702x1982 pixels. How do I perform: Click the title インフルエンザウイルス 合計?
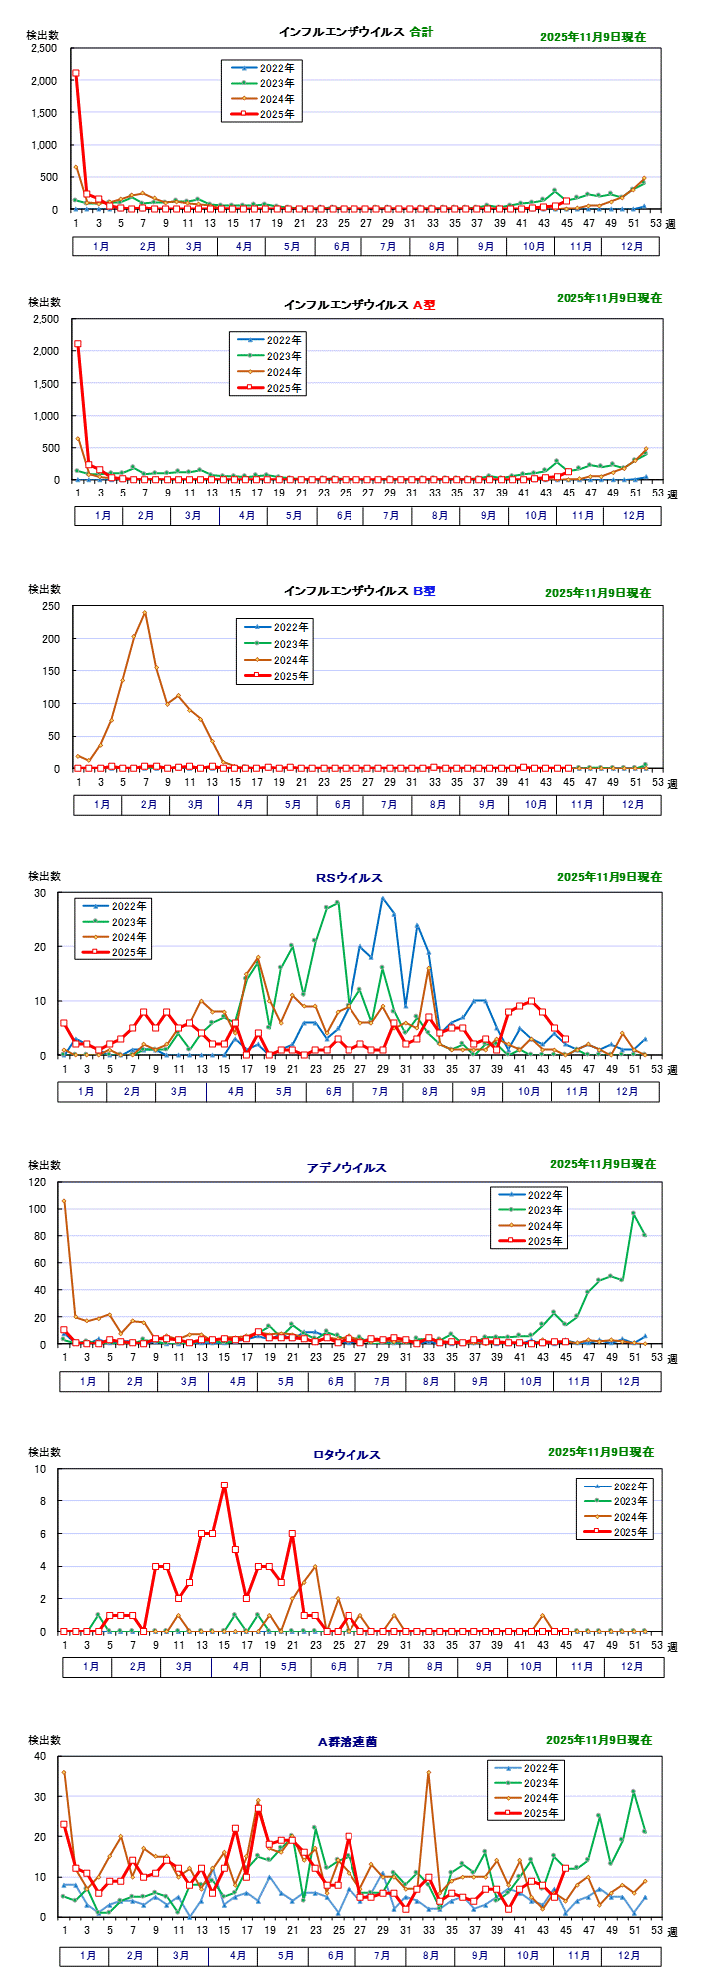pos(355,32)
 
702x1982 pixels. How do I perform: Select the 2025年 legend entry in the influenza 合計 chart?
pos(262,115)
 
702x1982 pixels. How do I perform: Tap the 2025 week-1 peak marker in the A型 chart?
pos(78,344)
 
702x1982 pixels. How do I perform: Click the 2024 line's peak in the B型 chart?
pos(145,613)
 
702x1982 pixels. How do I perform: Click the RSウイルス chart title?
pos(350,878)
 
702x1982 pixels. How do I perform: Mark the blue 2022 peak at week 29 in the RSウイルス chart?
pos(382,898)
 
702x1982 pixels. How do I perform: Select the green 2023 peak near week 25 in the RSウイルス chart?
pos(337,903)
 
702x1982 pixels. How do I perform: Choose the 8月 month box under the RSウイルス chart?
pos(429,1091)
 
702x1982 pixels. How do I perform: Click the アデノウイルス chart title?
pos(347,1167)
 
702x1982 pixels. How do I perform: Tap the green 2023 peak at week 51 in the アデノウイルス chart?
pos(633,1213)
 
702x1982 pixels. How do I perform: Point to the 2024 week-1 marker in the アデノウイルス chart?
pos(64,1201)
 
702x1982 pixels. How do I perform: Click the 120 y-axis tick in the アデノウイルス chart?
pos(38,1182)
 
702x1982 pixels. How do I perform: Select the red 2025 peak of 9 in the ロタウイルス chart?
pos(224,1486)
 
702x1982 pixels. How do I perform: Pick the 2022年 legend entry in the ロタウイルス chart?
pos(615,1486)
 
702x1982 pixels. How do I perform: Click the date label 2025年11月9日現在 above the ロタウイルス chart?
pos(600,1452)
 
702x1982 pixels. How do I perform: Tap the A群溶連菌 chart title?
pos(348,1741)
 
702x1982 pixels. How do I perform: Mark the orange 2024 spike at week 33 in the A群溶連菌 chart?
pos(428,1773)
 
